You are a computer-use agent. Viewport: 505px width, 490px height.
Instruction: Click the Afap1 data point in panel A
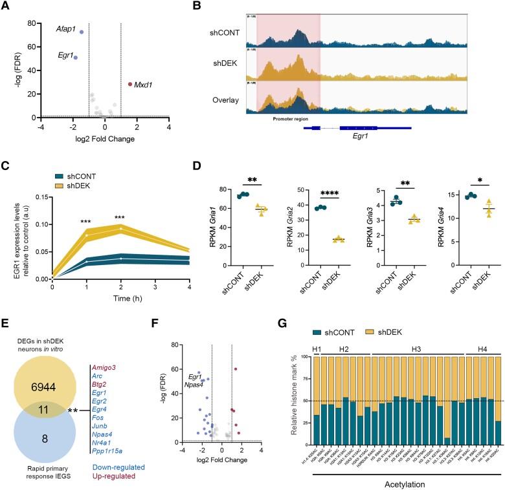coord(81,32)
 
